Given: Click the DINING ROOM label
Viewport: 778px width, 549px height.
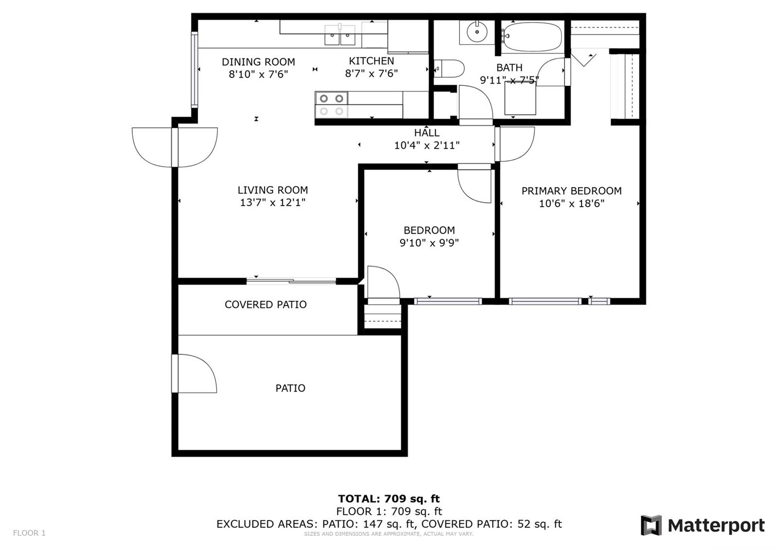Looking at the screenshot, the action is [x=258, y=62].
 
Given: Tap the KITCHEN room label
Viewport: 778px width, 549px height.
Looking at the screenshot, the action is [x=371, y=61].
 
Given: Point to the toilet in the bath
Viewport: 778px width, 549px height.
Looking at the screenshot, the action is [x=449, y=69].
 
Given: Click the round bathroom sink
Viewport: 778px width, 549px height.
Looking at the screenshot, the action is [x=477, y=32].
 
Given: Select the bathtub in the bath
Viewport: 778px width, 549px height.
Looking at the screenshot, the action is [x=532, y=36].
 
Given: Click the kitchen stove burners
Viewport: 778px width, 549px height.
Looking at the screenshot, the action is [x=331, y=105].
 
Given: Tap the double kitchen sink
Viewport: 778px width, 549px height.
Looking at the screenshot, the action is [x=340, y=34].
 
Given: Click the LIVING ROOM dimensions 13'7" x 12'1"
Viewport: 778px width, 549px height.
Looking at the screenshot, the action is [x=273, y=202].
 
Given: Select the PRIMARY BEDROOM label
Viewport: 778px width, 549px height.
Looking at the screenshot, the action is [x=571, y=191].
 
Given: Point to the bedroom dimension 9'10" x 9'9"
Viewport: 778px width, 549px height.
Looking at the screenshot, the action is [x=429, y=242].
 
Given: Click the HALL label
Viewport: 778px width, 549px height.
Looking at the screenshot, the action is [x=426, y=133].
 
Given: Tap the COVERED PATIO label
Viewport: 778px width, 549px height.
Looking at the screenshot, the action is [x=265, y=305].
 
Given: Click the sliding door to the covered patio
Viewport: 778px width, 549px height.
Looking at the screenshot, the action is [x=291, y=281].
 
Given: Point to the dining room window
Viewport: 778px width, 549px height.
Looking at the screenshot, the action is [x=194, y=69].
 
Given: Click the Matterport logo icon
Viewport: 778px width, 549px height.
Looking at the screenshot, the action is [x=651, y=525].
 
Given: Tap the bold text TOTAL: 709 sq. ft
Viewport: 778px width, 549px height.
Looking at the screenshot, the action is [x=389, y=498].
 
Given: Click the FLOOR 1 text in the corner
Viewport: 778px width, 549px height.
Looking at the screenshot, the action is [x=29, y=533].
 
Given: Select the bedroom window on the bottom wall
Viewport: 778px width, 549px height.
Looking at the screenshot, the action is [x=448, y=301].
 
